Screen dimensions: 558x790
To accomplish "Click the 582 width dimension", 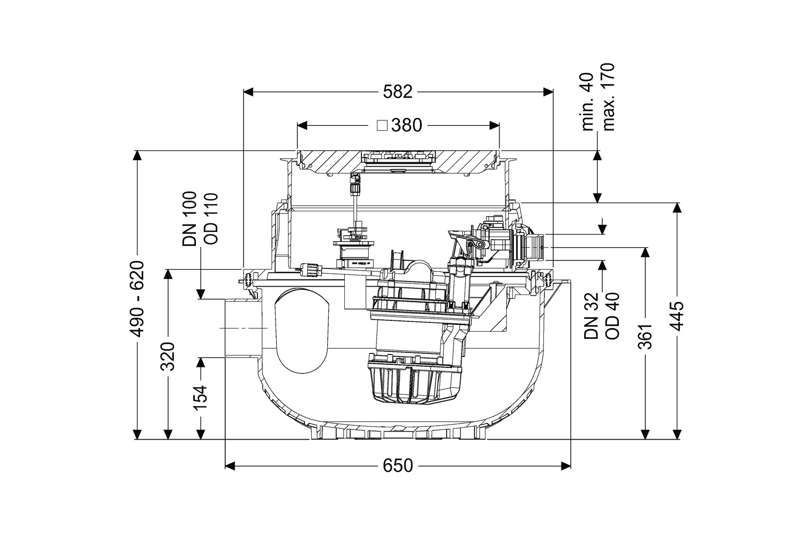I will tap(398, 92).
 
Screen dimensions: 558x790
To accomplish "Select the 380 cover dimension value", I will tap(406, 126).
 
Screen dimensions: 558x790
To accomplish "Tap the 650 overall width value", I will tap(398, 466).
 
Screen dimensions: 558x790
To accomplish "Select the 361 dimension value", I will tap(645, 336).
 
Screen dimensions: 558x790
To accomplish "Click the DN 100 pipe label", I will tap(190, 219).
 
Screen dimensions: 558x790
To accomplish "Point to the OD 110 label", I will tap(210, 219).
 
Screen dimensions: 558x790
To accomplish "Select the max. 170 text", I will tap(609, 97).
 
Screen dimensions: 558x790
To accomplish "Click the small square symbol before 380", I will tap(382, 125).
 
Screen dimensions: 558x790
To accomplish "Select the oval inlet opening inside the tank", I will tap(301, 330).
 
